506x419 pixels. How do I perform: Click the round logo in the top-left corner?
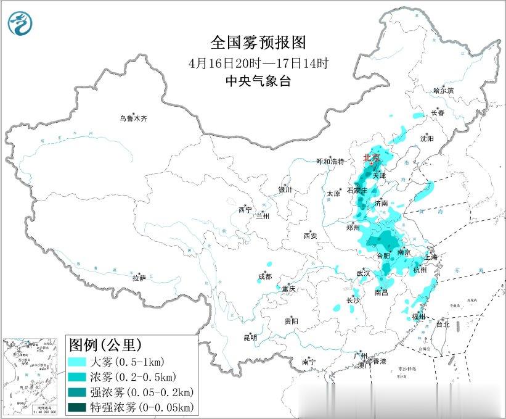[20, 23]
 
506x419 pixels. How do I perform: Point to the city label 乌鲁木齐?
[134, 118]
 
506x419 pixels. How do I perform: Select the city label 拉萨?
[139, 278]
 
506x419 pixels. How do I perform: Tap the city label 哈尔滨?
[443, 90]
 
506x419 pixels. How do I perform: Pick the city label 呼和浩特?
[330, 162]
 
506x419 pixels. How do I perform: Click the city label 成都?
[264, 277]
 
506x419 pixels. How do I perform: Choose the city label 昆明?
[250, 337]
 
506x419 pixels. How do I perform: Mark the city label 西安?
[309, 235]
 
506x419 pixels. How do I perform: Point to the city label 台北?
[443, 324]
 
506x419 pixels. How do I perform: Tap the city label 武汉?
[364, 273]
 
